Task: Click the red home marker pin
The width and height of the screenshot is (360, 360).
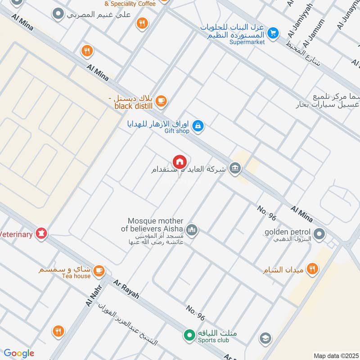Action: (x=179, y=162)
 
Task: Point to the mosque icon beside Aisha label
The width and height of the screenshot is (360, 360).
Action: (x=192, y=230)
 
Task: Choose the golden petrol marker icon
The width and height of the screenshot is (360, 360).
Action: (x=319, y=234)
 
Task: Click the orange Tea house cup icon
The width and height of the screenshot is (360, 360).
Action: (x=99, y=271)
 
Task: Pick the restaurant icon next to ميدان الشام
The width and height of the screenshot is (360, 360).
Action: (x=311, y=270)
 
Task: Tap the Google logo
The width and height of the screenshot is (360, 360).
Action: (x=18, y=353)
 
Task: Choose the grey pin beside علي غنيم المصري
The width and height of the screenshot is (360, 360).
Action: (x=58, y=14)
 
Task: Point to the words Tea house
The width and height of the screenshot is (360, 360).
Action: (x=76, y=276)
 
